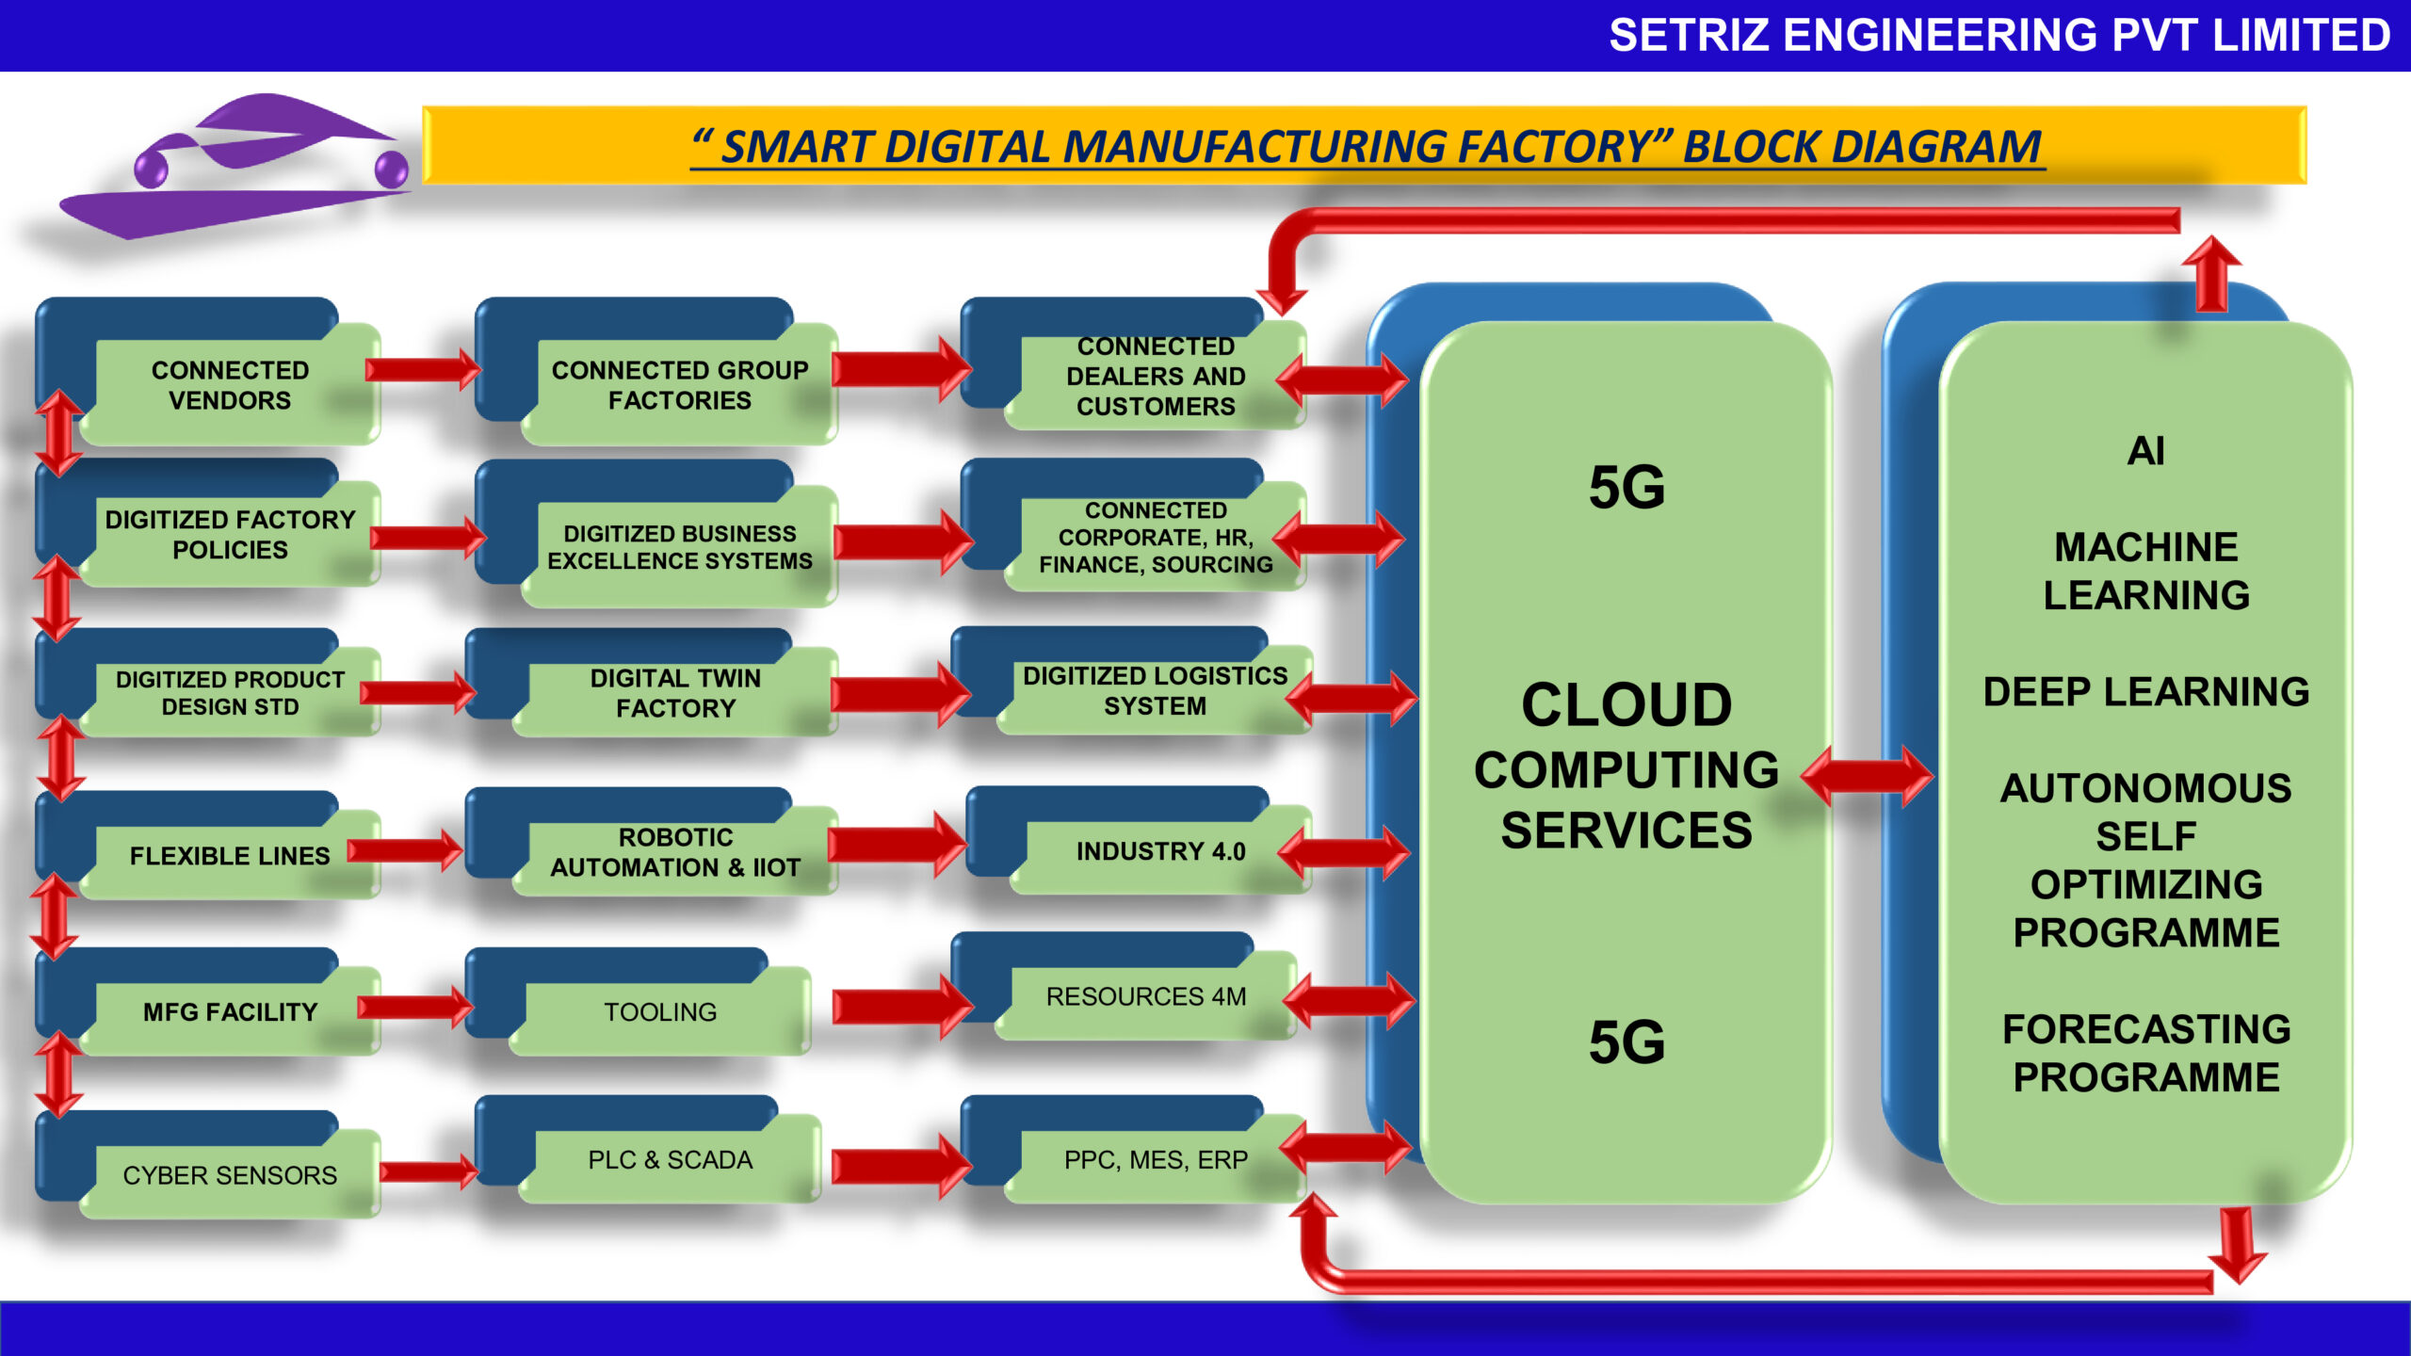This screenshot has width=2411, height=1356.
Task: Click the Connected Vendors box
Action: (229, 385)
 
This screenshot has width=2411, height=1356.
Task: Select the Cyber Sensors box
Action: (229, 1175)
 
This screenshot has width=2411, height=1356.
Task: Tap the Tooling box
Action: (659, 1011)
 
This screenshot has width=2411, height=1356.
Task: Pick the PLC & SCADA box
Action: (670, 1160)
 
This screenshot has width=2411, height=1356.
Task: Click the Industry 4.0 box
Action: (1159, 851)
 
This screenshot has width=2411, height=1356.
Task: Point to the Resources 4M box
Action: (1145, 996)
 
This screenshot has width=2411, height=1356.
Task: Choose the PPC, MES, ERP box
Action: (1156, 1160)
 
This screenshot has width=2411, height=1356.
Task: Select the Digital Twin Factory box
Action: (674, 693)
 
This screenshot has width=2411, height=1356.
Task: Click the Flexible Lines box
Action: (229, 856)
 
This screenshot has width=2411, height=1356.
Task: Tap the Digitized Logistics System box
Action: (1155, 690)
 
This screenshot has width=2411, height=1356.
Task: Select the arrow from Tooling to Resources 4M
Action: (899, 1006)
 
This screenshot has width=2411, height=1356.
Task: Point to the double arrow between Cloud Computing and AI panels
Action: (1867, 777)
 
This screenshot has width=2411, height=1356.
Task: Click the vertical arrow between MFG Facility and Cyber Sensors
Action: (58, 1073)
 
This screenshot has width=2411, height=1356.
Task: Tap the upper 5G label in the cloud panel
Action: (1626, 488)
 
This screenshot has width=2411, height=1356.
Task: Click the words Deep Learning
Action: (2145, 692)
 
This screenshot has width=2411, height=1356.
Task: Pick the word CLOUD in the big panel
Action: (1626, 704)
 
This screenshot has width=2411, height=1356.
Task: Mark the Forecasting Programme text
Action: (2145, 1053)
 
